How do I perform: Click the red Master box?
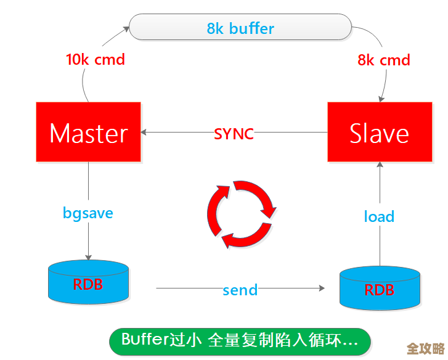pos(88,133)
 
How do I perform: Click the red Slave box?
pos(379,133)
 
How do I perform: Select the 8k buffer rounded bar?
pos(240,28)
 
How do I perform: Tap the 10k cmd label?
pos(96,60)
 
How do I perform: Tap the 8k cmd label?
pos(384,60)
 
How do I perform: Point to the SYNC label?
pos(234,133)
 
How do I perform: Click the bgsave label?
pos(88,213)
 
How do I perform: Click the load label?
pos(379,216)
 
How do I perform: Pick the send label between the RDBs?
pos(240,290)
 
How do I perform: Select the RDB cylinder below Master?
pos(88,282)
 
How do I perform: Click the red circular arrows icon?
pos(239,213)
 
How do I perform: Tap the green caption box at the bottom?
pos(240,340)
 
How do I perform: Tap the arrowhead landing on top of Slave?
pos(383,98)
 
